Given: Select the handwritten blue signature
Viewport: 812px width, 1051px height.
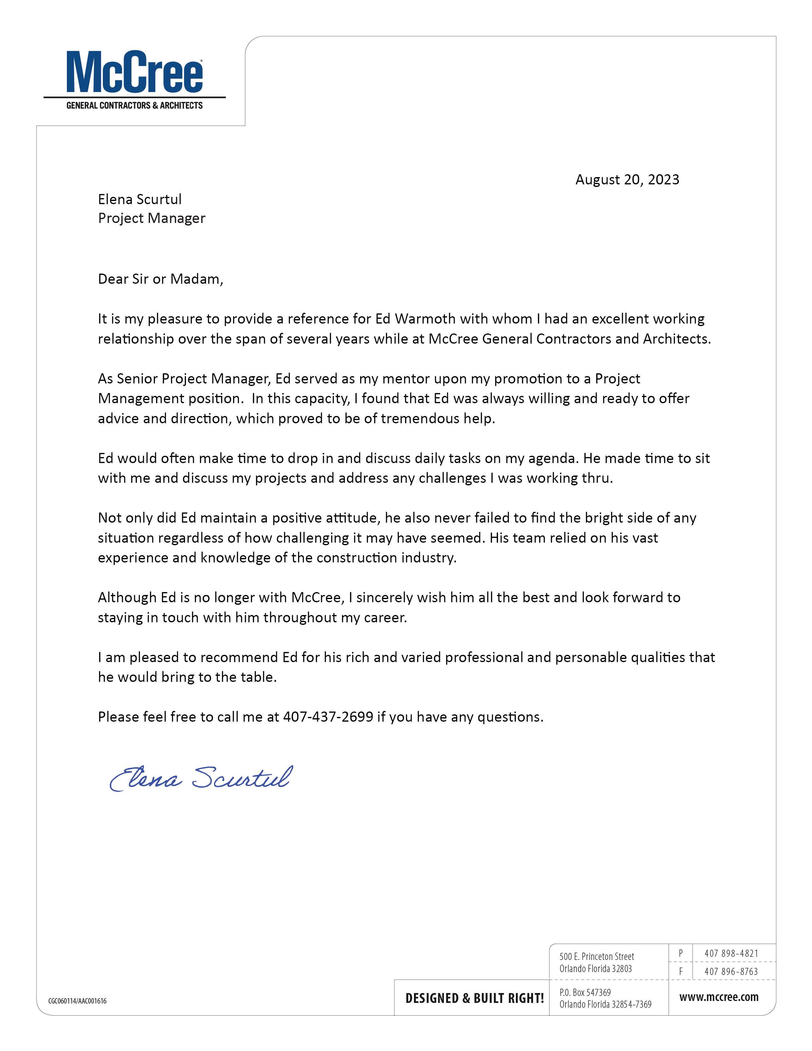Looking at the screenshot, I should pyautogui.click(x=201, y=778).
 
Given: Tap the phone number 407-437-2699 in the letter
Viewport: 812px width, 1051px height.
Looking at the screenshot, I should pyautogui.click(x=328, y=717).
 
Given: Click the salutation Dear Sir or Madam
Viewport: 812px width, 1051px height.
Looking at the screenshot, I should pyautogui.click(x=160, y=279).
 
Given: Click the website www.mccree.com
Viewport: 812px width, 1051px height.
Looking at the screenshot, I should pyautogui.click(x=719, y=997).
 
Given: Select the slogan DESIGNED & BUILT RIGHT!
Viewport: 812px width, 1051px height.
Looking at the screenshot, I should pyautogui.click(x=474, y=998).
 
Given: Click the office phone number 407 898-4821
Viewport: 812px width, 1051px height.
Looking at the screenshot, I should pyautogui.click(x=731, y=953).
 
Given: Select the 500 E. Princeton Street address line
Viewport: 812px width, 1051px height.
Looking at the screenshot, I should pyautogui.click(x=596, y=956).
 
